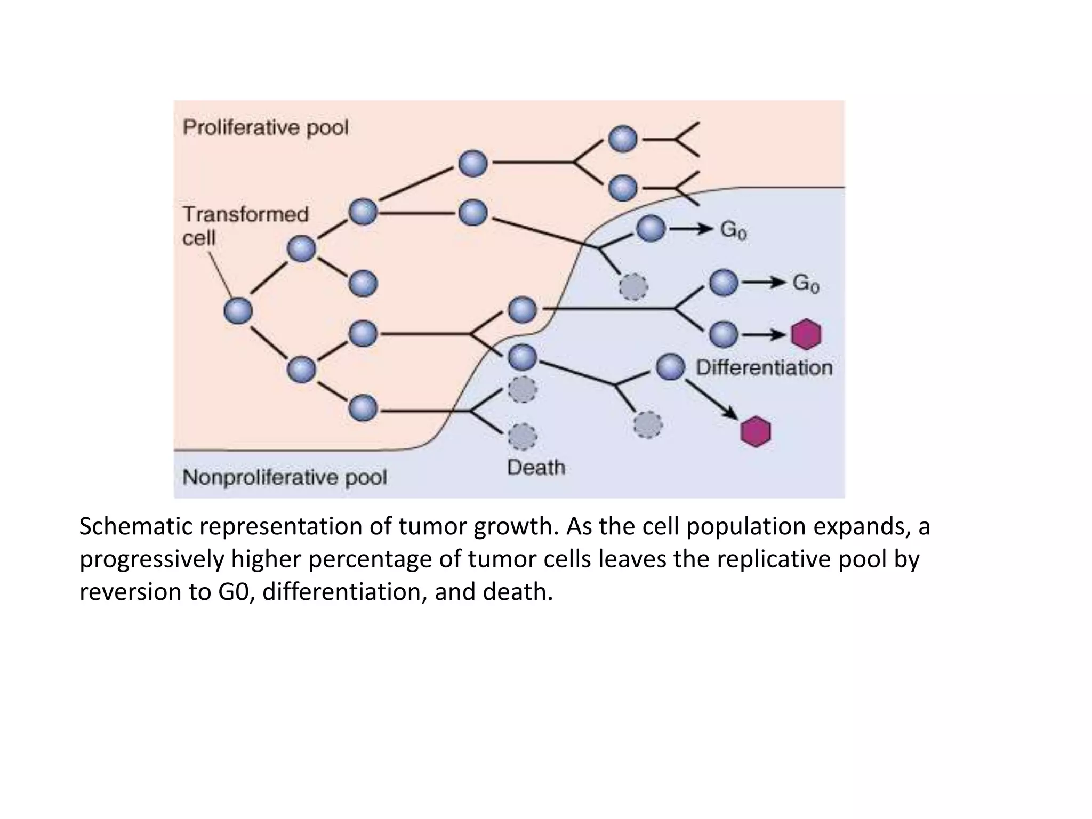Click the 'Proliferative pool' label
(265, 128)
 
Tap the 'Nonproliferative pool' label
(284, 477)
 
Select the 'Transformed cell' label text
(245, 226)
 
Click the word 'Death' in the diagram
(536, 468)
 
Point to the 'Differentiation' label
(764, 367)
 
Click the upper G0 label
(733, 230)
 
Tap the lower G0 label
(805, 283)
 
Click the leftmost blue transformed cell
(238, 311)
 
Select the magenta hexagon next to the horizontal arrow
(806, 334)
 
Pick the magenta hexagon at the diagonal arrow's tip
(756, 431)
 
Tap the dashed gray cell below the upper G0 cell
(633, 287)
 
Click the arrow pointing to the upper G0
(691, 229)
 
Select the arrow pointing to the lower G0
(764, 283)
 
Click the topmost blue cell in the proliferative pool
(623, 139)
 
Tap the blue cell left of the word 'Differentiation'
(670, 367)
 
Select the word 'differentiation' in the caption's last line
(344, 592)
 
